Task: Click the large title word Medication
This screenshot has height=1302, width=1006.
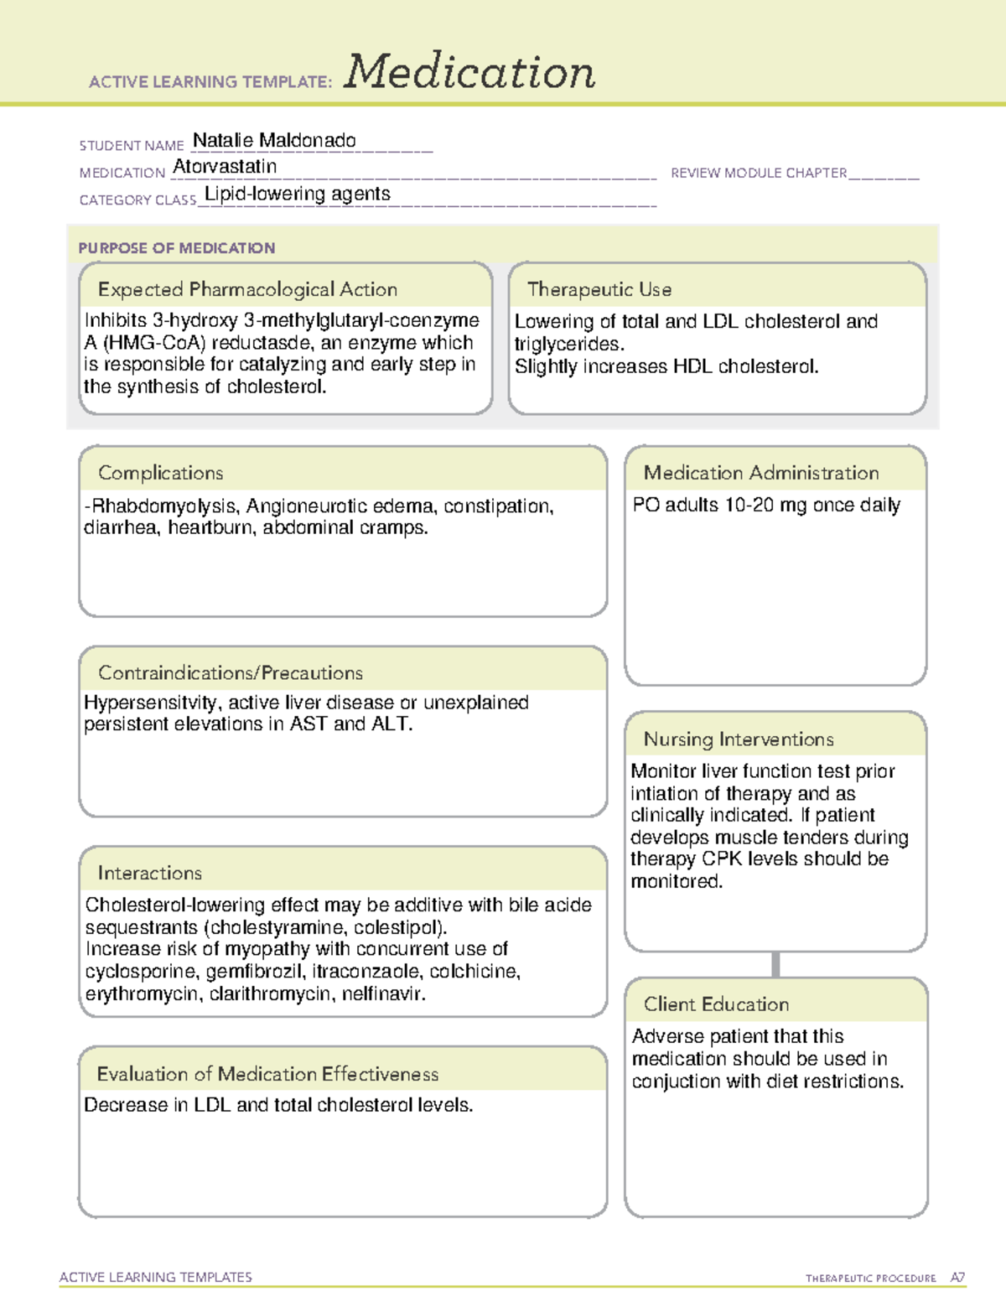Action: pos(469,72)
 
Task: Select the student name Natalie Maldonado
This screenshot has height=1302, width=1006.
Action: pos(274,141)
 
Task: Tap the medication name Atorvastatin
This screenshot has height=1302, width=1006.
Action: pos(225,167)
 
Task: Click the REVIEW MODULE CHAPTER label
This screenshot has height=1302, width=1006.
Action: pos(758,174)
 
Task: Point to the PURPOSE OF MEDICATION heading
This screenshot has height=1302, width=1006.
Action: pos(176,248)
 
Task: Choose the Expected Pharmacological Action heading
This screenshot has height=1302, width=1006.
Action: pos(247,289)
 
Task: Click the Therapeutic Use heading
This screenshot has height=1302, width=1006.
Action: pos(599,289)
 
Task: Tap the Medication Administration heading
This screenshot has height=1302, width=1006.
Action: pos(760,473)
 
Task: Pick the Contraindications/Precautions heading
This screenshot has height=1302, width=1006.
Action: pos(231,673)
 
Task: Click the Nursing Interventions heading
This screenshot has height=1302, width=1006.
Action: pos(738,739)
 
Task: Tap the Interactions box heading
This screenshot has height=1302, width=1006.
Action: pos(149,874)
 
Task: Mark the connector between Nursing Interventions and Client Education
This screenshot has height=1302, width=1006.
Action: pos(775,965)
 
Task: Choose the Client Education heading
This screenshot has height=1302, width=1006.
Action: pos(716,1004)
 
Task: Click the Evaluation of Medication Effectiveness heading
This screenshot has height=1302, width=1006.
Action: pos(267,1074)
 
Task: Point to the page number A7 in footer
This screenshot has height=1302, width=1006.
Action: pos(957,1278)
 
